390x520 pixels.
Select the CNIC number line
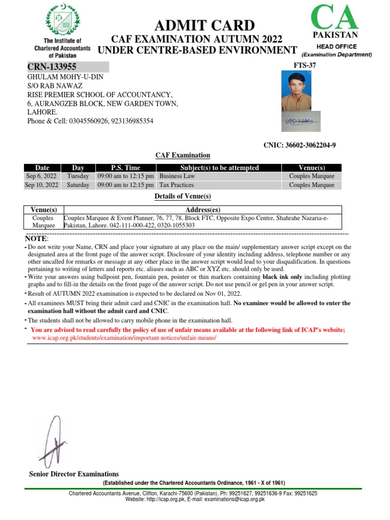coord(299,145)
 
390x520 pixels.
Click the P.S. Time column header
coord(125,168)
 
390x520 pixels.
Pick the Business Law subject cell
coord(178,176)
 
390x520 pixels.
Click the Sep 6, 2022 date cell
coord(42,176)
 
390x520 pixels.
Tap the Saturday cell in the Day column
coord(78,185)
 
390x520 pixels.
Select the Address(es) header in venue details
coord(203,209)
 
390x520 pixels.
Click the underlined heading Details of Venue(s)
coord(182,197)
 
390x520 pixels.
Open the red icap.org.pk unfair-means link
coord(124,338)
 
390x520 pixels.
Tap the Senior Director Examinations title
coord(74,474)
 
